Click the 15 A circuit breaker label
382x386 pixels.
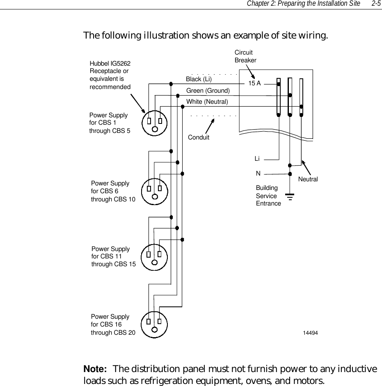click(254, 83)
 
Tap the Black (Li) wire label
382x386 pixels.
click(199, 79)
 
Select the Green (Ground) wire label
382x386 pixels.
click(208, 90)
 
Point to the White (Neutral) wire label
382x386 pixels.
click(207, 101)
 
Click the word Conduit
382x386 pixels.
click(198, 137)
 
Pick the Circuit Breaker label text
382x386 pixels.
click(245, 56)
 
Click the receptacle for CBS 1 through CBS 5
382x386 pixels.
click(155, 122)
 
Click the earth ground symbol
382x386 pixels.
click(290, 199)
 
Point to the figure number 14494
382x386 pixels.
click(310, 332)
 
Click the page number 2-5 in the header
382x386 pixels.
click(375, 4)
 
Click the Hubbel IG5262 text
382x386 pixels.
click(110, 64)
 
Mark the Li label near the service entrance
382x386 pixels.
click(257, 158)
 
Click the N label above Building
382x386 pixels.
click(258, 174)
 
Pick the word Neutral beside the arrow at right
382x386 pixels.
click(308, 179)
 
